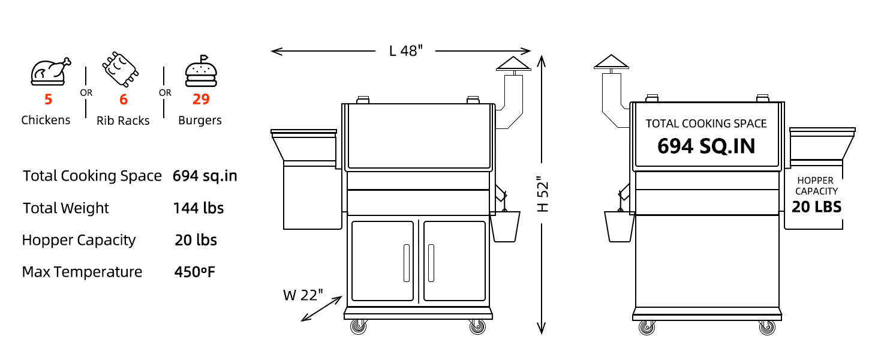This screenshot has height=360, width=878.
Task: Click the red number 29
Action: [x=200, y=99]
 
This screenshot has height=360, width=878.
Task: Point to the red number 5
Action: [x=48, y=99]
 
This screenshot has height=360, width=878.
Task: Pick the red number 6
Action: [x=124, y=99]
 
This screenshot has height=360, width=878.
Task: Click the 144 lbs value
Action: [x=198, y=208]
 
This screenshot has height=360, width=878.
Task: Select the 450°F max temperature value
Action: [x=194, y=272]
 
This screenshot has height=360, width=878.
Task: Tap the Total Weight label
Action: [x=66, y=208]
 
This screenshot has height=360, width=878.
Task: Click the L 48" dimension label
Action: [x=406, y=51]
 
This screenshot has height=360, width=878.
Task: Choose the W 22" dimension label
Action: [x=303, y=295]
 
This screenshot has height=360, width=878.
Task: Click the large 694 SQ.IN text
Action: [x=706, y=146]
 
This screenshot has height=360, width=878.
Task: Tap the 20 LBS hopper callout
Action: [x=816, y=207]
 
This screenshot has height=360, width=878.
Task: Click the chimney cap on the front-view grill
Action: [x=513, y=64]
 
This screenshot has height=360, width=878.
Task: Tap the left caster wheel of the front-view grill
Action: [x=359, y=327]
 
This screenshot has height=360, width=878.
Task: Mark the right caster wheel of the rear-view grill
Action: [x=766, y=327]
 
